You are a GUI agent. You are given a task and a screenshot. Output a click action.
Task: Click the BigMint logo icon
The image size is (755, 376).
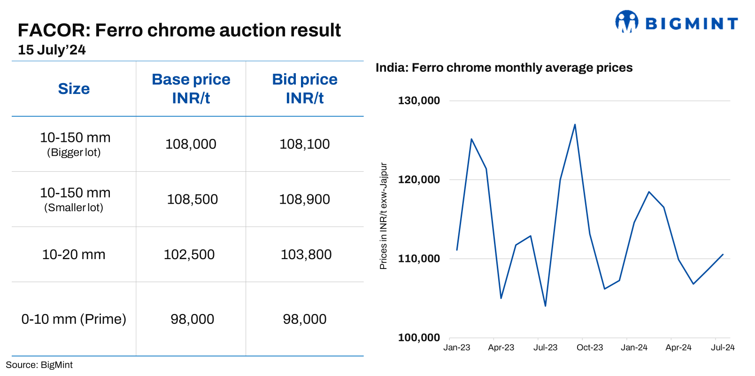(626, 22)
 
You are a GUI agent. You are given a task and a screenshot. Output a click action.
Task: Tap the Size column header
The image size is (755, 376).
(74, 89)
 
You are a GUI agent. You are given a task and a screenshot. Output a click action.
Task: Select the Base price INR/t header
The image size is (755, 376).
(191, 89)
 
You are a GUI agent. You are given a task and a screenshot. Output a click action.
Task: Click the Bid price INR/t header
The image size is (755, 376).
(305, 89)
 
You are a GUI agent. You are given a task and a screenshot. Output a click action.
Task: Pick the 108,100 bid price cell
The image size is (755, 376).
(305, 144)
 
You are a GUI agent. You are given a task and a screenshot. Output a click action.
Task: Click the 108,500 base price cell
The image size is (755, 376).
(192, 200)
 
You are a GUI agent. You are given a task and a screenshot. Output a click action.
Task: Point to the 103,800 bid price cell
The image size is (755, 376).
(306, 254)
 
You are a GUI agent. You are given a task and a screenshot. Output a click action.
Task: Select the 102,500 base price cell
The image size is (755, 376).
(189, 254)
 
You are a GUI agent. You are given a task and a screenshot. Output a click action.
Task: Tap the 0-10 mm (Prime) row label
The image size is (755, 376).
(74, 319)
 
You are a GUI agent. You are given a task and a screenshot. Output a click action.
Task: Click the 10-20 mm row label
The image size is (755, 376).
(74, 254)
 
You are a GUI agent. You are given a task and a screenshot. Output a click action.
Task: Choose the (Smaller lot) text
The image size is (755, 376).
(74, 207)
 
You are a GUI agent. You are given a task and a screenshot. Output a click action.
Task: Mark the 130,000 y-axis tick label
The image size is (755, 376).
(419, 100)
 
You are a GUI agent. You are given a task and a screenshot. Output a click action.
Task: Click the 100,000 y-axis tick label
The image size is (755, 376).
(419, 338)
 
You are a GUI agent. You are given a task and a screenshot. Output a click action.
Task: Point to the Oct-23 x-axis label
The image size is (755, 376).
(590, 347)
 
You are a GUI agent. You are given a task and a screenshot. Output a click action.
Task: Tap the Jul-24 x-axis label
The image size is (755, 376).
(723, 347)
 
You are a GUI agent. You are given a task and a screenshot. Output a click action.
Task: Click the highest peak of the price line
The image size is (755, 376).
(575, 124)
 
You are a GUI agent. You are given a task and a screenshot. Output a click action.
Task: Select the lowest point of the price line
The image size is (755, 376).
(545, 306)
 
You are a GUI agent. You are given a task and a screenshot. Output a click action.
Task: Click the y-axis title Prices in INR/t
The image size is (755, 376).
(384, 216)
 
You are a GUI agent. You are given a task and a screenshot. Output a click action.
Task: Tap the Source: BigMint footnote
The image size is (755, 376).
(39, 365)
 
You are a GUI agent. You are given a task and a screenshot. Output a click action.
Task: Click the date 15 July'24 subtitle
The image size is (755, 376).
(52, 50)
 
